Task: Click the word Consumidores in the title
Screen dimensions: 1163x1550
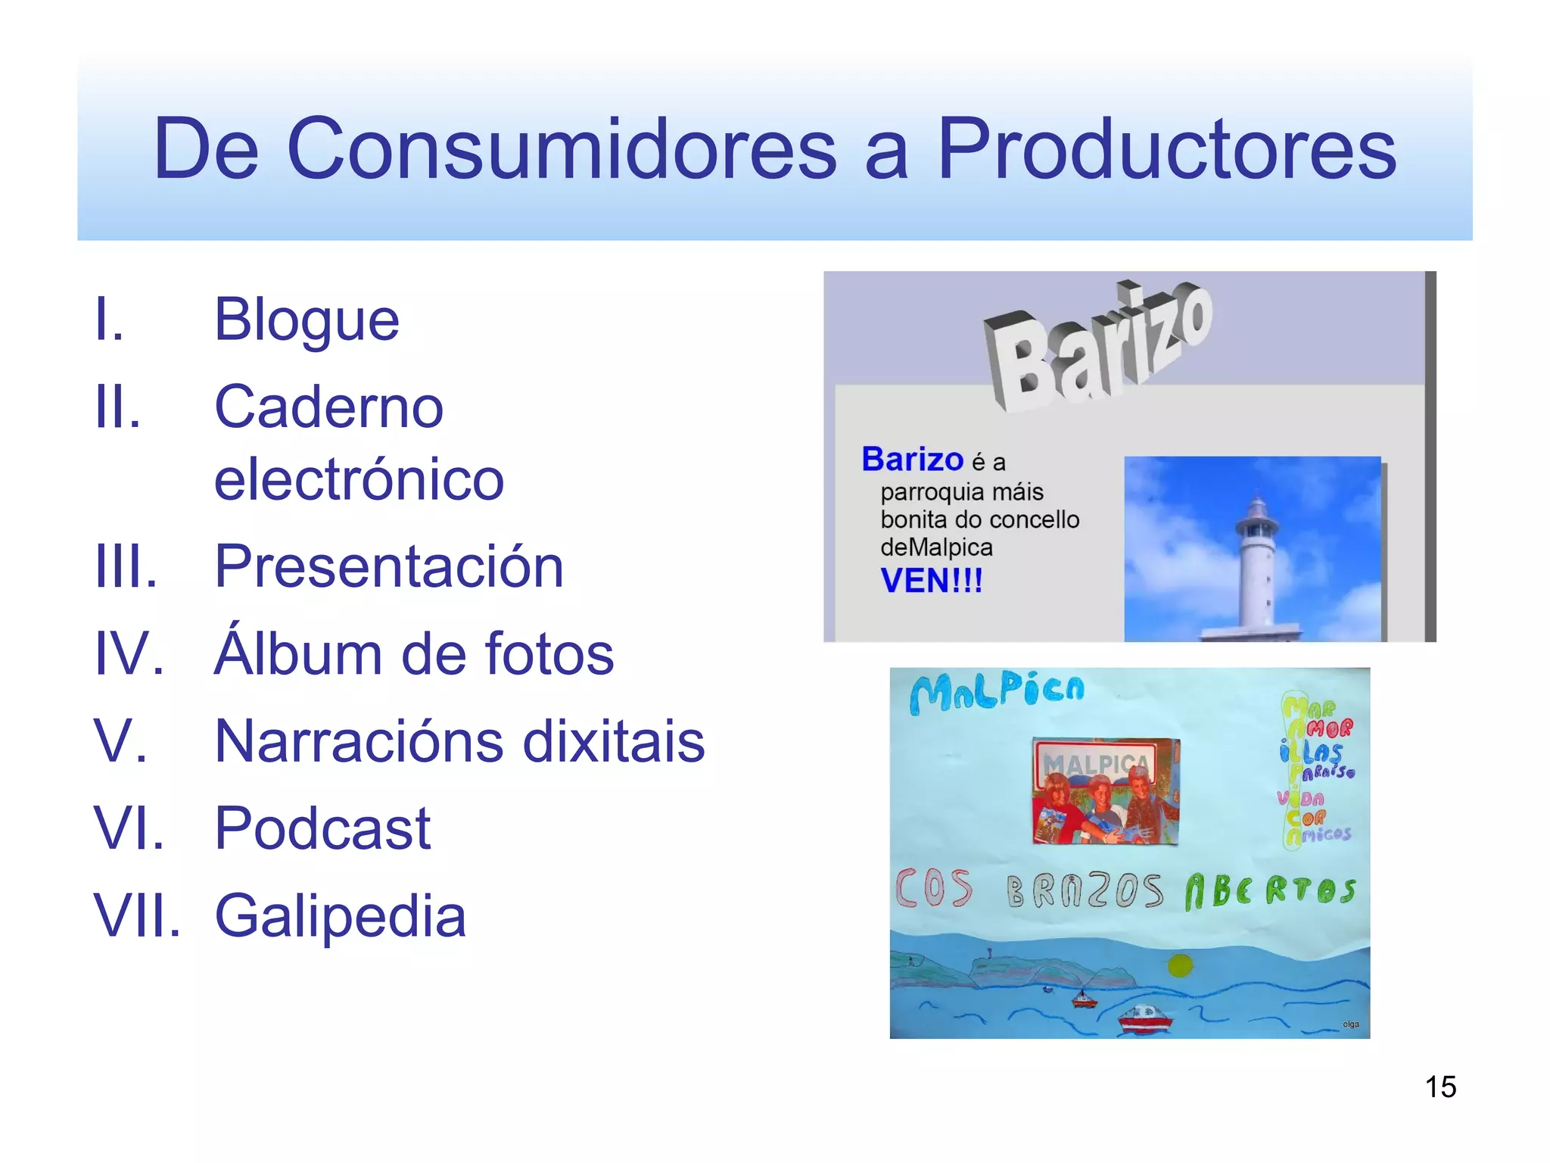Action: click(562, 149)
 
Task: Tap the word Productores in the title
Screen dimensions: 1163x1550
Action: click(1166, 149)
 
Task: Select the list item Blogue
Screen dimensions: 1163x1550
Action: click(307, 320)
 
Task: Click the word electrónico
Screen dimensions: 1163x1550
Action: click(359, 479)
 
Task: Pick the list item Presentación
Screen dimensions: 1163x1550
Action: click(389, 566)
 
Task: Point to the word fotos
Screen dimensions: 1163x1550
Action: click(549, 654)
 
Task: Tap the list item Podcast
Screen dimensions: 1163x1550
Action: click(322, 828)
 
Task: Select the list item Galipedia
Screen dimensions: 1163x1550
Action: click(341, 916)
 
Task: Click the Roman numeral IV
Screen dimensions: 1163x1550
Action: click(129, 654)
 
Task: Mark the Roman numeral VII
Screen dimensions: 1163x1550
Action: click(137, 916)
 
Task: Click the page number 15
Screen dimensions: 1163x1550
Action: click(1440, 1087)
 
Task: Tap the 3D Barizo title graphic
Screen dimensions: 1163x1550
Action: click(1098, 348)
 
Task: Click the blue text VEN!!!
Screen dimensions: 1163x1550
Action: click(931, 581)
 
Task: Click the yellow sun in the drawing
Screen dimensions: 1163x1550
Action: click(1180, 965)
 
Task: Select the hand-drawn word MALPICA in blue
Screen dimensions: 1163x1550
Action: click(998, 692)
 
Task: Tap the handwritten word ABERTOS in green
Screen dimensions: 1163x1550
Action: click(1270, 890)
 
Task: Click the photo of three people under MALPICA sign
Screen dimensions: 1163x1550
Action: click(1106, 791)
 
